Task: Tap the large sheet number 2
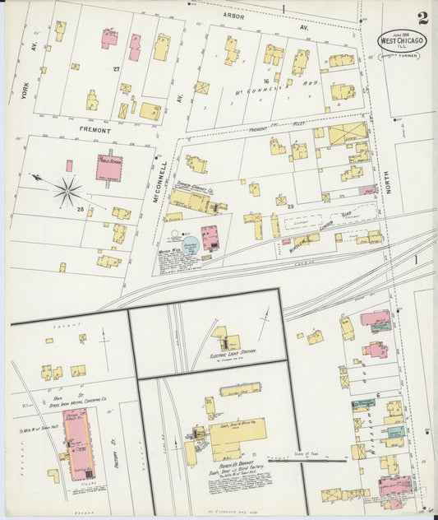coord(422,19)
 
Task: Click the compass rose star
coord(67,192)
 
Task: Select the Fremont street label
coord(95,129)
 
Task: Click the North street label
coord(386,168)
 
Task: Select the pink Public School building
coord(109,167)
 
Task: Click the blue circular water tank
coord(190,245)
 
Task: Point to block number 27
coord(117,69)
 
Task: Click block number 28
coord(81,211)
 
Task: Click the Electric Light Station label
coord(233,351)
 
